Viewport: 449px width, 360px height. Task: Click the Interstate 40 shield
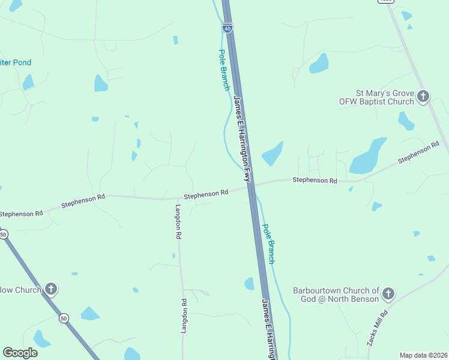(226, 28)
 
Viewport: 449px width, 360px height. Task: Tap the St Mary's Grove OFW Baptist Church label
(385, 97)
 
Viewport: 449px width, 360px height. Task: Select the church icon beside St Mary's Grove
(423, 96)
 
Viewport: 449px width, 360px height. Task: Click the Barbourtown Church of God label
(336, 295)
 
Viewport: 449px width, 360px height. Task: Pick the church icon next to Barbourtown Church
(388, 293)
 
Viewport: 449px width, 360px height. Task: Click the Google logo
(20, 353)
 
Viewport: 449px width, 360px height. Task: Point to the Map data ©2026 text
(424, 355)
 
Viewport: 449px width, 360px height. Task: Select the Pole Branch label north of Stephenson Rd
(223, 70)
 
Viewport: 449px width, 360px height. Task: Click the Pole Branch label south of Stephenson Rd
(268, 244)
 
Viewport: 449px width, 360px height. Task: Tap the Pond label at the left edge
(16, 62)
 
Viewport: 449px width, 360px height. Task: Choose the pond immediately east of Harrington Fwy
(272, 154)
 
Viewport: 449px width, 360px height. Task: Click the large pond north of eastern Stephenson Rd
(369, 157)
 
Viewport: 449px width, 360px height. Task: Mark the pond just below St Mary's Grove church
(406, 121)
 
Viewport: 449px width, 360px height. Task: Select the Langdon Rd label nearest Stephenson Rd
(178, 222)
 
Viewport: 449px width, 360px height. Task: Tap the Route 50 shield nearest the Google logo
(64, 319)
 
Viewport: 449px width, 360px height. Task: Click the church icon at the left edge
(51, 289)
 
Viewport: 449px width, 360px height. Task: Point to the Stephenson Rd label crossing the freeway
(206, 193)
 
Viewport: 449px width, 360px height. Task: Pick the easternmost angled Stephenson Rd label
(418, 153)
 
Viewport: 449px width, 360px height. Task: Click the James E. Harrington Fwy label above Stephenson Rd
(241, 139)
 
